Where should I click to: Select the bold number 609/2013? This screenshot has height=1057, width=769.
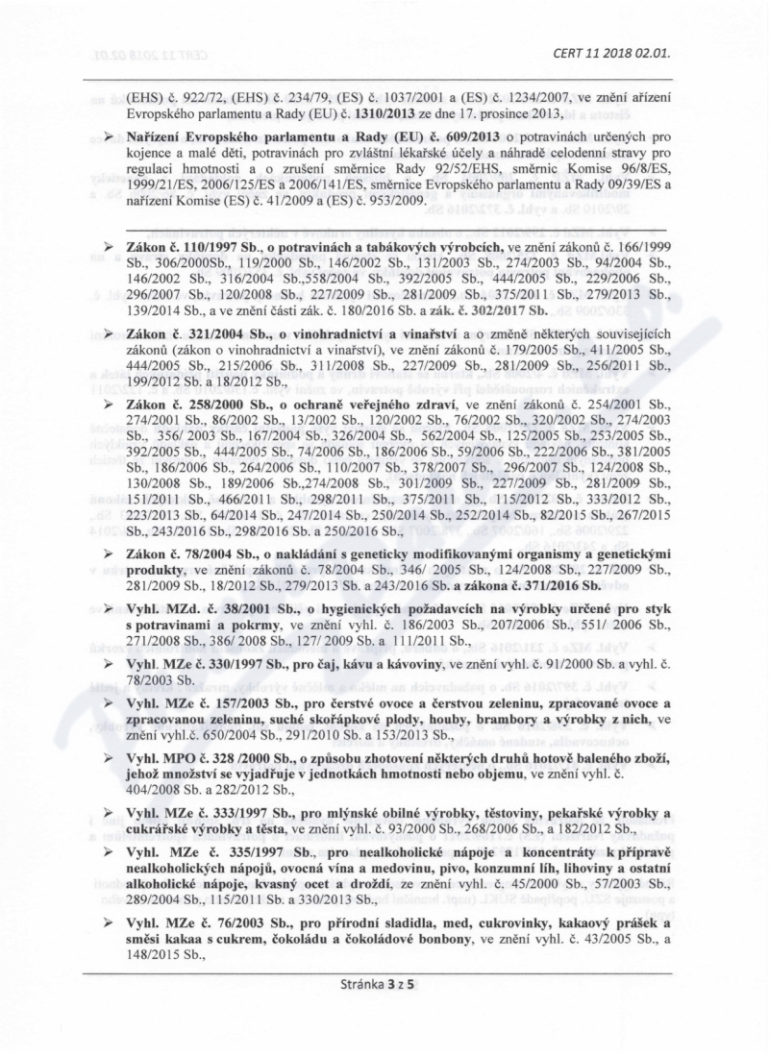tap(458, 140)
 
